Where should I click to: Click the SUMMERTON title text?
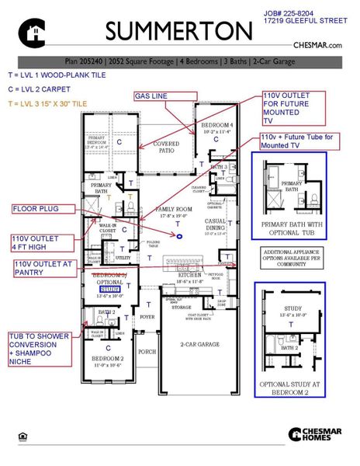point(178,32)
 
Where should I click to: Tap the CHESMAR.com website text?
point(318,46)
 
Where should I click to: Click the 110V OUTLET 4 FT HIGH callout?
point(35,243)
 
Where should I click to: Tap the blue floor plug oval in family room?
point(180,235)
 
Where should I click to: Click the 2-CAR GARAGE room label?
point(199,344)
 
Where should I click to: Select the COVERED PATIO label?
point(166,147)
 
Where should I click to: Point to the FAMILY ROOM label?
point(175,210)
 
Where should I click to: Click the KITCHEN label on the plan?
point(190,275)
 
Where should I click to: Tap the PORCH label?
point(147,351)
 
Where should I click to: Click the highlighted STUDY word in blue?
point(111,288)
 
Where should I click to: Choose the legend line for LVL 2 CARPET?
point(36,89)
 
